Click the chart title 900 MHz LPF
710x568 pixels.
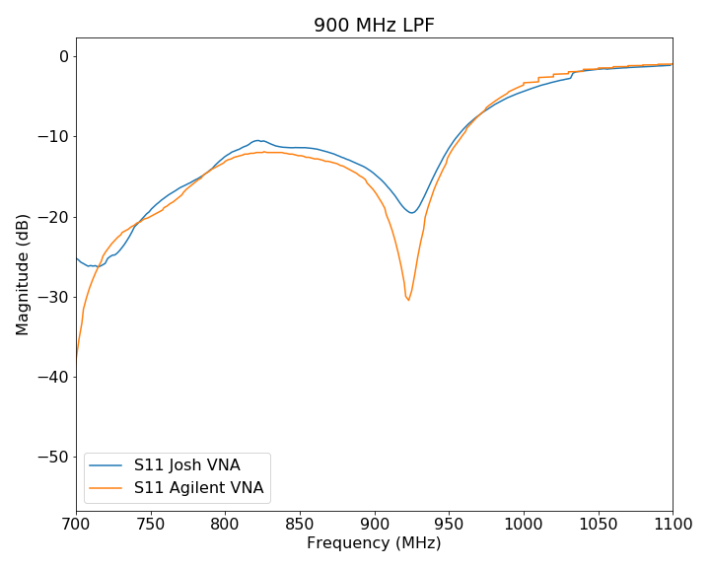[x=374, y=26]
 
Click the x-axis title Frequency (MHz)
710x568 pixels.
[x=374, y=543]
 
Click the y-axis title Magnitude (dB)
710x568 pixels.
[x=23, y=274]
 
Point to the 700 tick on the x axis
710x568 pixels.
[x=76, y=523]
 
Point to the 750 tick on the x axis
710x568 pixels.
[x=151, y=523]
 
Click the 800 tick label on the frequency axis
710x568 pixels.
[x=225, y=523]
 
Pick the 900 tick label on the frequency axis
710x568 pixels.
[x=374, y=523]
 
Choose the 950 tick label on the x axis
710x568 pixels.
[x=449, y=523]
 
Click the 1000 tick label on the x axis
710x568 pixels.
[x=523, y=523]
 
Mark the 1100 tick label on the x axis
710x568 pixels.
[x=672, y=523]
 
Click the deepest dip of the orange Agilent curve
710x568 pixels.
[x=408, y=300]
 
